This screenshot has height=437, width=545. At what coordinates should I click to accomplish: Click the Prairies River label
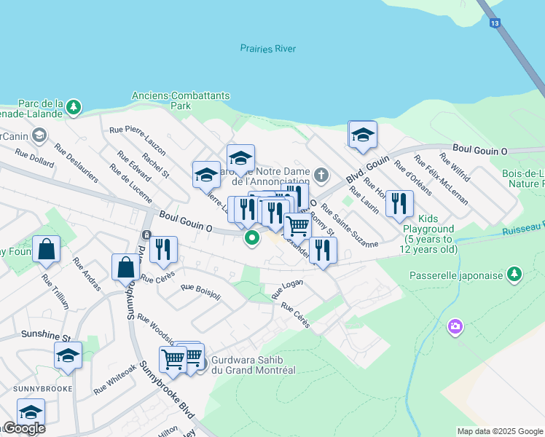(263, 49)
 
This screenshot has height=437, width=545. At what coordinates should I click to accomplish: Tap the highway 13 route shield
(495, 24)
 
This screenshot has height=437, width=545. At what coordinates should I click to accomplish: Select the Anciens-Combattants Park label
(181, 101)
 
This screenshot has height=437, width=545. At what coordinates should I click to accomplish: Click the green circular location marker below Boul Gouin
(252, 237)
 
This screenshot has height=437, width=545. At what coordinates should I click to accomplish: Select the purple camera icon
(456, 325)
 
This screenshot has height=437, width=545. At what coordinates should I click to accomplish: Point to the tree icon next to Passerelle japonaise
(515, 274)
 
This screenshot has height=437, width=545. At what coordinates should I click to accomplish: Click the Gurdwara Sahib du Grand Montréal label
(253, 365)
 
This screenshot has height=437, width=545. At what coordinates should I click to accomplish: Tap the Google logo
(23, 429)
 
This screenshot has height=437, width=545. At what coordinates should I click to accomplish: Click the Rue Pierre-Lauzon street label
(137, 140)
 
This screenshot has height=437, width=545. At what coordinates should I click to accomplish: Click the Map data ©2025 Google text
(500, 431)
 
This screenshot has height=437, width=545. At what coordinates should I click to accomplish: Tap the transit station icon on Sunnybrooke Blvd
(146, 235)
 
